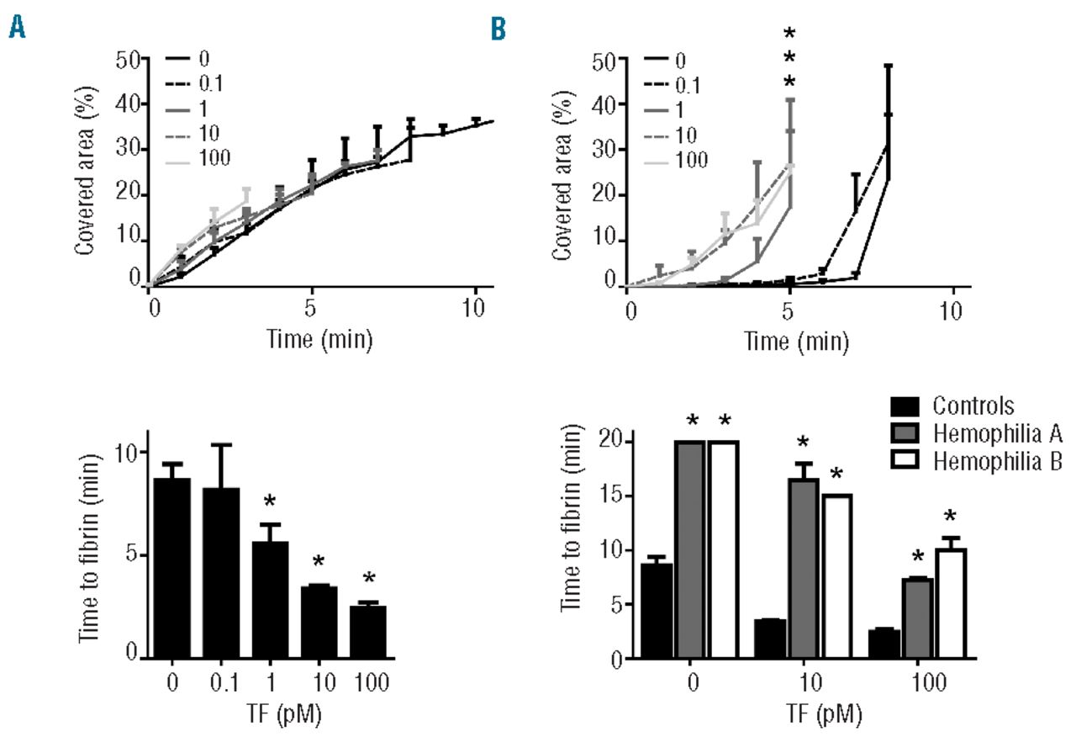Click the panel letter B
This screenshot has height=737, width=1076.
tap(499, 31)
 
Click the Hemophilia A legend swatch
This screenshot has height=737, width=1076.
tap(906, 433)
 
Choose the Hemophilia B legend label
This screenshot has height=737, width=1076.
tap(999, 460)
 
